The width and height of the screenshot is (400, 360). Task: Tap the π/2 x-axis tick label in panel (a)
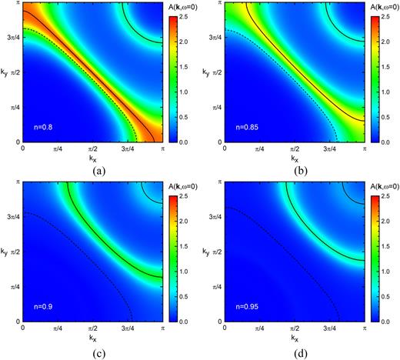(x=92, y=148)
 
